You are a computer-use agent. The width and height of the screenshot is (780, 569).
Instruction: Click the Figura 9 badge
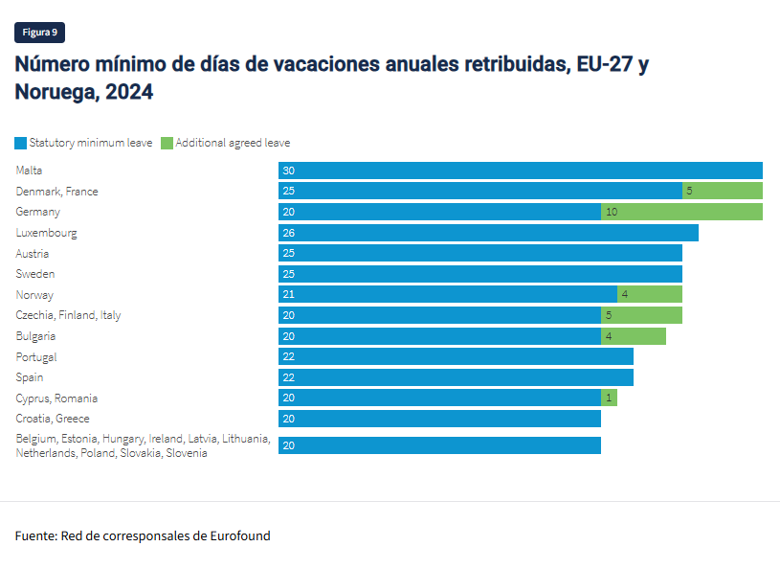click(x=39, y=33)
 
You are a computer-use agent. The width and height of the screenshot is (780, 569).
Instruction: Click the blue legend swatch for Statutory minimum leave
click(x=21, y=143)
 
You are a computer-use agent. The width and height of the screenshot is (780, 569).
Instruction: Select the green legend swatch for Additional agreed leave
click(x=167, y=143)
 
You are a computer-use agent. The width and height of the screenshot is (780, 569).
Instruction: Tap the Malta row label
click(x=30, y=171)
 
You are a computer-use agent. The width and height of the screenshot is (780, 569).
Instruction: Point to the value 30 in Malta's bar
click(x=288, y=171)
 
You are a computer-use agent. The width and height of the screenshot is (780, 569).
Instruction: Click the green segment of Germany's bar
click(x=681, y=212)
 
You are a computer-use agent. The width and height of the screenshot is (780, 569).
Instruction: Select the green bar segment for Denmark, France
click(x=723, y=192)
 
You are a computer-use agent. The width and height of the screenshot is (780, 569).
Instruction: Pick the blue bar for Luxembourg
click(x=488, y=233)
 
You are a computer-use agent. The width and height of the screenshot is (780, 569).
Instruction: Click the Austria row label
click(x=33, y=254)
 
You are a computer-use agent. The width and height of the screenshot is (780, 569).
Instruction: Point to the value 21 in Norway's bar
click(x=288, y=295)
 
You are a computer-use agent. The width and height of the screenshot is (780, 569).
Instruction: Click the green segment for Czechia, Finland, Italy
click(x=641, y=315)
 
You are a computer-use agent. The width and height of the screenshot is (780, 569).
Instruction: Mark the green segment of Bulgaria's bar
click(x=634, y=336)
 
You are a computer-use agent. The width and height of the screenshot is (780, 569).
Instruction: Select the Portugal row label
click(x=36, y=357)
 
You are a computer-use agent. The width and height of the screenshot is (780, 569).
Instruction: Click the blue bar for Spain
click(x=456, y=377)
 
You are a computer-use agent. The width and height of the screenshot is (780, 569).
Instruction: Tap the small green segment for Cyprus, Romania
click(x=609, y=398)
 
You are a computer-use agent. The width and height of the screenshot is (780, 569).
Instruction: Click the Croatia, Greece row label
click(x=53, y=419)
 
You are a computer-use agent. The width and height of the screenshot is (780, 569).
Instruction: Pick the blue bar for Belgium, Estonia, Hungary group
click(x=439, y=445)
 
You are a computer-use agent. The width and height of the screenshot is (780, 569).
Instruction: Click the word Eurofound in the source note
click(x=240, y=535)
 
